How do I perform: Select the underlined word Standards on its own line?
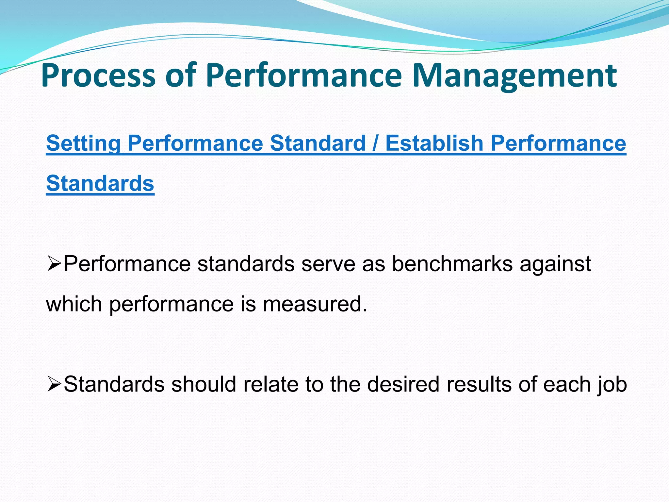coord(100,183)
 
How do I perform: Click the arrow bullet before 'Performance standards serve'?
coord(54,264)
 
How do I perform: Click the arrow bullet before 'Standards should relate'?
coord(54,384)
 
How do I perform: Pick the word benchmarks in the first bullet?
coord(452,264)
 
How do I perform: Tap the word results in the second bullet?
coord(479,384)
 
